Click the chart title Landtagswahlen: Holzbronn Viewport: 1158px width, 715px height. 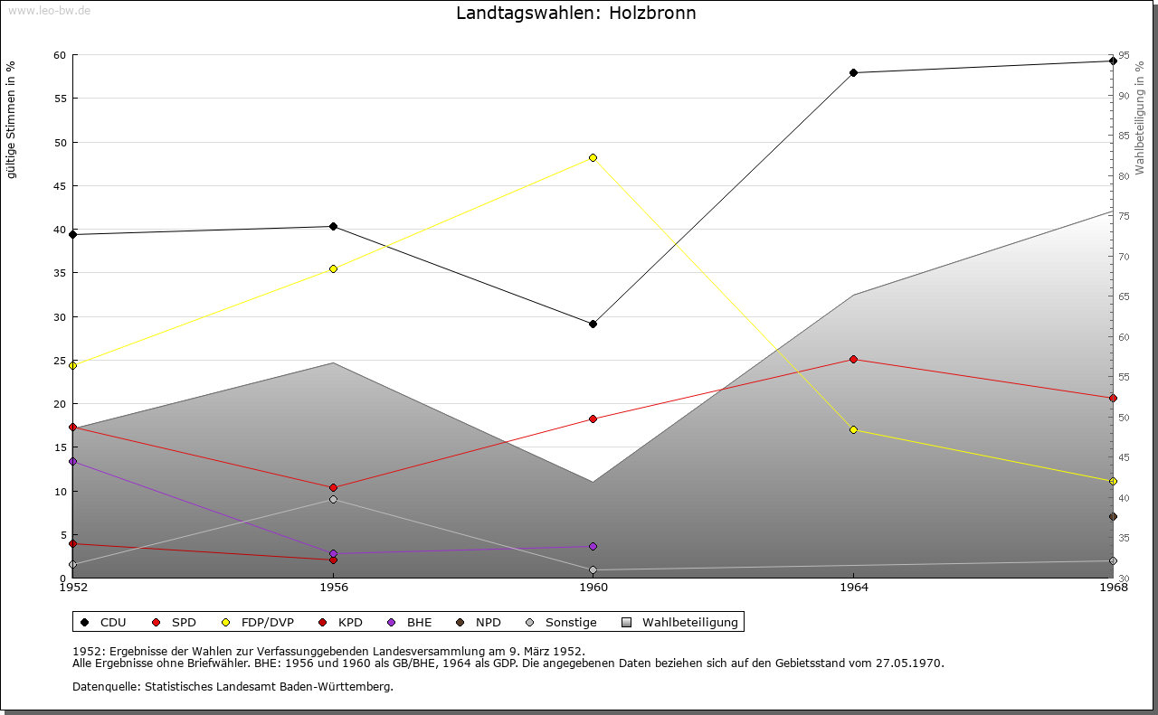576,14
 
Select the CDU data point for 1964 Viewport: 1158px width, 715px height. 853,72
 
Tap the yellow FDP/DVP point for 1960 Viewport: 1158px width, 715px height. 593,157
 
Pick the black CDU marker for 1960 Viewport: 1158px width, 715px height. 593,324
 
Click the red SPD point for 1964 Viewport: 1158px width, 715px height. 853,359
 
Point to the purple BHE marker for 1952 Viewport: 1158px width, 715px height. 72,461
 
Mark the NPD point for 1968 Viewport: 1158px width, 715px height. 1113,517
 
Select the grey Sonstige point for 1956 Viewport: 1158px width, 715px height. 333,499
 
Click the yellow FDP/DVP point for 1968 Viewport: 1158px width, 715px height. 1113,481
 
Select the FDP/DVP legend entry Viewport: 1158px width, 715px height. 259,622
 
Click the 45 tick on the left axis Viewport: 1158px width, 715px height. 60,186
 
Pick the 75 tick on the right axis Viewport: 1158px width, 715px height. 1123,216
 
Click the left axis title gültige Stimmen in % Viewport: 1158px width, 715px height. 12,119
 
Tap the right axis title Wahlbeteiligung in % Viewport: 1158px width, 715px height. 1140,118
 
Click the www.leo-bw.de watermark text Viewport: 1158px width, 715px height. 49,10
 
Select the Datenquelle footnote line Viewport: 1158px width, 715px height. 233,686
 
